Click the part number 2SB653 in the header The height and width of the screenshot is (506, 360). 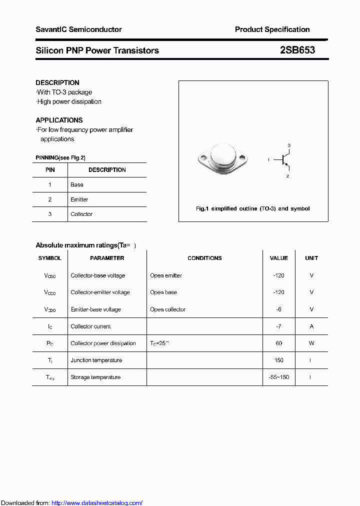click(297, 50)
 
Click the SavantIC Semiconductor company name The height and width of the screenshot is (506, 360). click(78, 29)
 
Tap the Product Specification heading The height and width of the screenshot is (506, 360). click(272, 29)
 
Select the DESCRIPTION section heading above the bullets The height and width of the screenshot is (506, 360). click(57, 82)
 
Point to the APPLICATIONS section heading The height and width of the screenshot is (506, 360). click(59, 120)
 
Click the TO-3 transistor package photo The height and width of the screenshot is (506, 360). click(222, 159)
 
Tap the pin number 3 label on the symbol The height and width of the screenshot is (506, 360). click(288, 145)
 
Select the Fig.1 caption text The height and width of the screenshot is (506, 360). click(252, 208)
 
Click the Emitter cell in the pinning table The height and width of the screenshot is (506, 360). click(79, 199)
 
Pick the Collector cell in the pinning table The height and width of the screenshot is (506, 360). click(81, 214)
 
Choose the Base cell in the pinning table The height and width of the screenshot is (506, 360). click(77, 184)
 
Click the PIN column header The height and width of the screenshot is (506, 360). click(50, 170)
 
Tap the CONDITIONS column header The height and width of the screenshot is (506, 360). click(204, 258)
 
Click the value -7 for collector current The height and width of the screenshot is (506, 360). click(278, 326)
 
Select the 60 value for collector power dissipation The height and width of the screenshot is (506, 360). click(278, 343)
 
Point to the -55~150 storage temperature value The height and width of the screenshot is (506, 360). click(278, 377)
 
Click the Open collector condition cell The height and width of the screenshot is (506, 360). click(167, 309)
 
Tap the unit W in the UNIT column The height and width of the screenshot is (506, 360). click(311, 343)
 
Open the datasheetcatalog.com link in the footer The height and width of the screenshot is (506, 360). click(97, 503)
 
